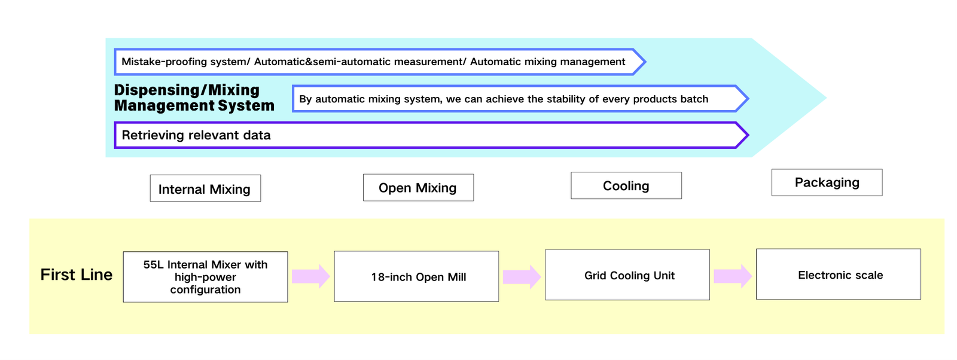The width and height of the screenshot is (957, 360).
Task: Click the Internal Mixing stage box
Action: [x=205, y=188]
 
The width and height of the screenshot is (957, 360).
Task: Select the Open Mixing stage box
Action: [x=418, y=187]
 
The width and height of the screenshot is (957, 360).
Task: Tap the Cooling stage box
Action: [x=626, y=185]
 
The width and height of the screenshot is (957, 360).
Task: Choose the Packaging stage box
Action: [x=827, y=182]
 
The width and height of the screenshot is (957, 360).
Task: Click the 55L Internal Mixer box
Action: [x=206, y=277]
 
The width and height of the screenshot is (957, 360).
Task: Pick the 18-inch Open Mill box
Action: [x=416, y=276]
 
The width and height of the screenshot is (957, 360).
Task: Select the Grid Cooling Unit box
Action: [x=627, y=274]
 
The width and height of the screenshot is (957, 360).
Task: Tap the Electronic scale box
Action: [x=838, y=274]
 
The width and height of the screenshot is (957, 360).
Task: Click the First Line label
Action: [x=77, y=274]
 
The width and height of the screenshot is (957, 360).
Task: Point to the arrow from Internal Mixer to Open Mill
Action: [x=311, y=276]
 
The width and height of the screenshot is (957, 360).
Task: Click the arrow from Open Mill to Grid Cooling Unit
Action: [x=522, y=277]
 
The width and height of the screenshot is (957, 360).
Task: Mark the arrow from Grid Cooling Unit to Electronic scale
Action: [x=733, y=276]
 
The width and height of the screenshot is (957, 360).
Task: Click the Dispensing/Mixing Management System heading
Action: [x=194, y=98]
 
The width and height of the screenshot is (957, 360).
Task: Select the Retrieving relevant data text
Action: [x=196, y=135]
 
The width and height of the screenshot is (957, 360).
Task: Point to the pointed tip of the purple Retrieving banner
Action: [x=748, y=135]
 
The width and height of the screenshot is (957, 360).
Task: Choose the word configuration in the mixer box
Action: [x=206, y=290]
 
